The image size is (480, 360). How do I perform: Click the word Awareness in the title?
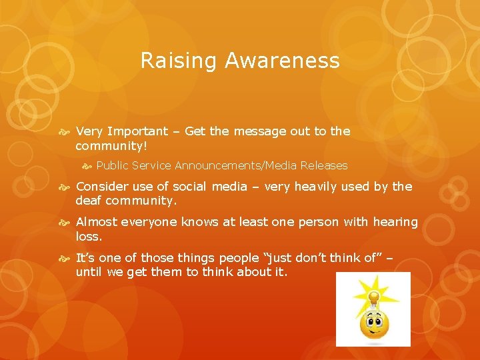pos(282,61)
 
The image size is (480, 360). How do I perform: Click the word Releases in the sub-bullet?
pos(324,165)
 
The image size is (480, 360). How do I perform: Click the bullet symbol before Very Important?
pos(67,132)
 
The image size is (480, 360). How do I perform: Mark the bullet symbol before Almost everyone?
pos(67,223)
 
